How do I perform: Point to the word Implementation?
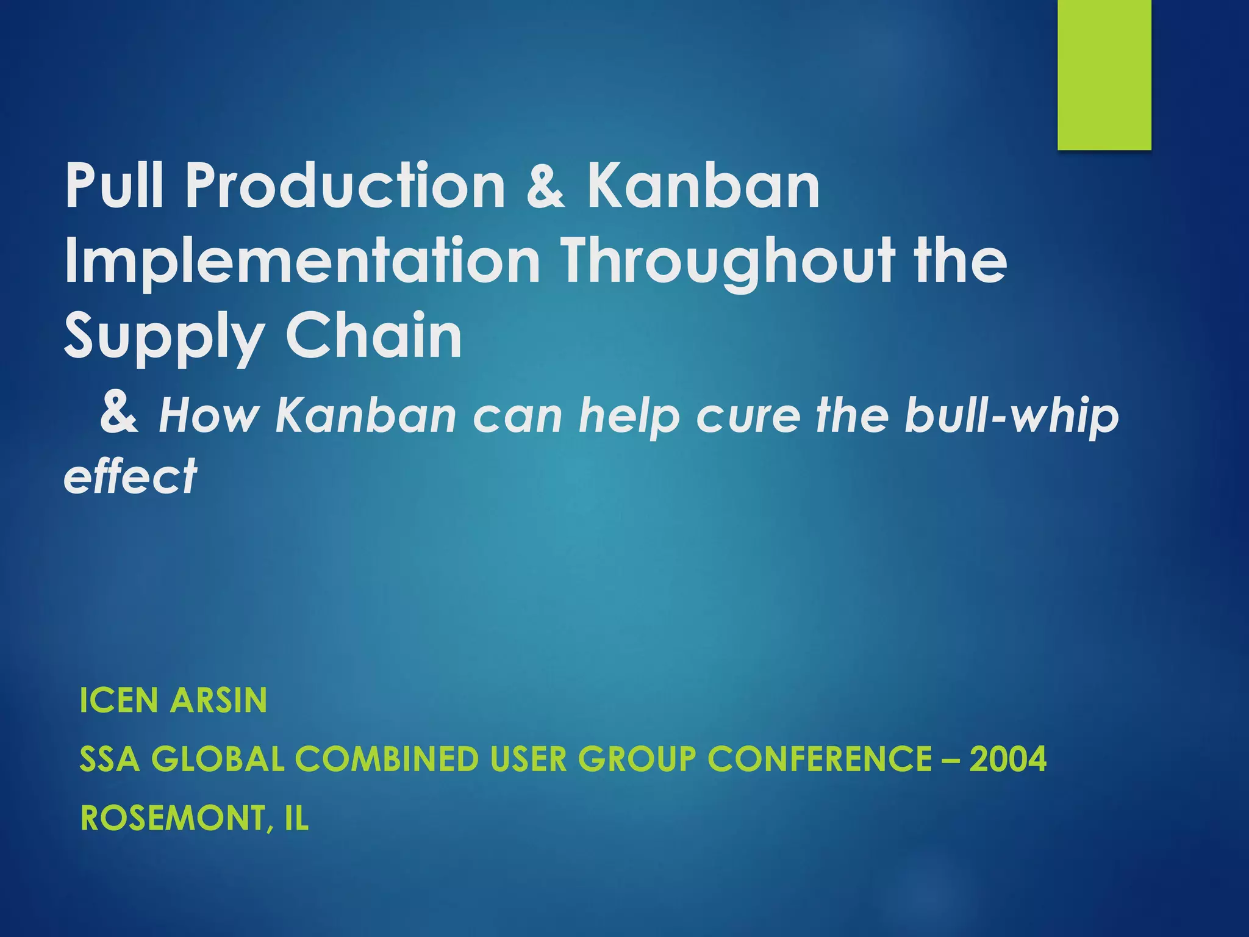pyautogui.click(x=302, y=262)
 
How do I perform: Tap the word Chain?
pyautogui.click(x=374, y=336)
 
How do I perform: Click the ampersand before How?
pyautogui.click(x=120, y=413)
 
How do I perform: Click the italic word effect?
pyautogui.click(x=131, y=476)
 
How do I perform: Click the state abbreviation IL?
pyautogui.click(x=296, y=818)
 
